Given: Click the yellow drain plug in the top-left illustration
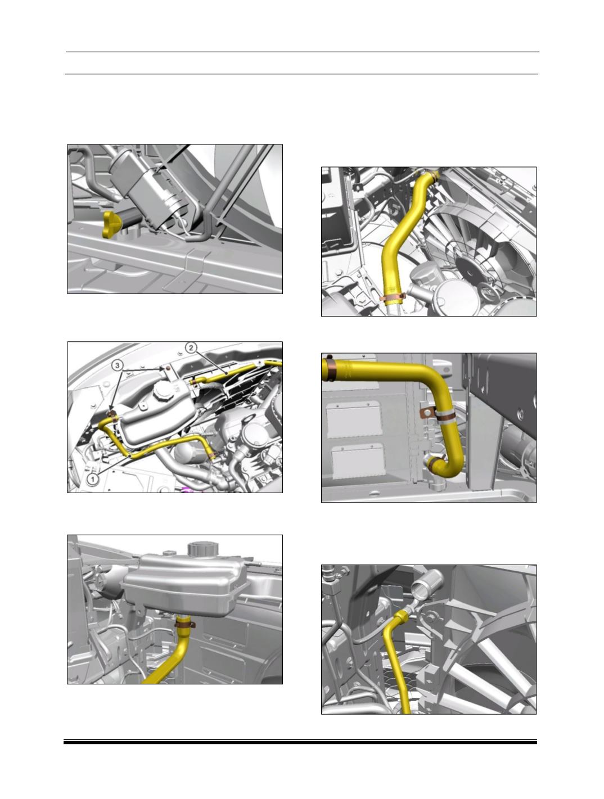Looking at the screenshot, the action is pyautogui.click(x=113, y=224).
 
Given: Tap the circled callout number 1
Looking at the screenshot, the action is pyautogui.click(x=92, y=479).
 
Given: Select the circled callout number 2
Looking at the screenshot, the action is pyautogui.click(x=191, y=347).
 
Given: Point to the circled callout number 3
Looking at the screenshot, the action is pyautogui.click(x=117, y=365).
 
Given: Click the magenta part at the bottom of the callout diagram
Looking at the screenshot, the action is pyautogui.click(x=190, y=489).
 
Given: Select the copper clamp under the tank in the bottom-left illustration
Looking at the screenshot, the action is pyautogui.click(x=185, y=624).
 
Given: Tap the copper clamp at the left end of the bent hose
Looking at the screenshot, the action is pyautogui.click(x=329, y=369).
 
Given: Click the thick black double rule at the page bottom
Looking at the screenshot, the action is pyautogui.click(x=300, y=742).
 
